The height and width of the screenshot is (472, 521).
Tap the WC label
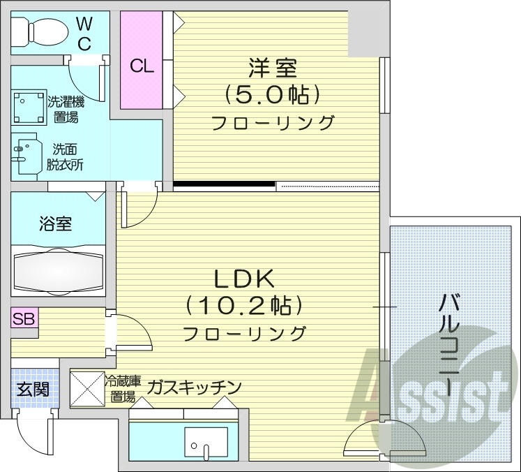coord(84,33)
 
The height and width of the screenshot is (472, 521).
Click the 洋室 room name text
coord(273,69)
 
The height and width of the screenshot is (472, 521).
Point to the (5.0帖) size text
coord(272,94)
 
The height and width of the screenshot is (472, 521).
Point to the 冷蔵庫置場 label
coord(123,390)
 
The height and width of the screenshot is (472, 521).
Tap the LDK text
coord(244,280)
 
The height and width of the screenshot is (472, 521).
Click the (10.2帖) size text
coord(244,306)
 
